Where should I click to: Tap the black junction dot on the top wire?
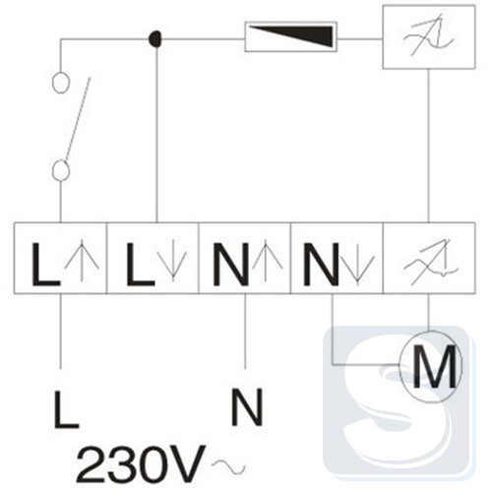pos(154,38)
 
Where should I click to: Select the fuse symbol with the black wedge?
pos(291,36)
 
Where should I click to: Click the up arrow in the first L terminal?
pos(82,261)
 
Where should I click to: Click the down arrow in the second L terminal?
pos(172,261)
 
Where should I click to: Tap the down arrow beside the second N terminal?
pos(357,265)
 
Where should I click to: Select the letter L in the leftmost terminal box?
pos(45,264)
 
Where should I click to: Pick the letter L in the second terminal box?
pos(140,264)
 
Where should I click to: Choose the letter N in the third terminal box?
pos(230,264)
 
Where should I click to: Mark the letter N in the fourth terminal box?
pos(321,264)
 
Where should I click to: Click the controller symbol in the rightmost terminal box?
pos(430,263)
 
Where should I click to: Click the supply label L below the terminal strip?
pos(66,409)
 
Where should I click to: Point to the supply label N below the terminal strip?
pos(247,407)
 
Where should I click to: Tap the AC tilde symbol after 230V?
pos(228,465)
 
